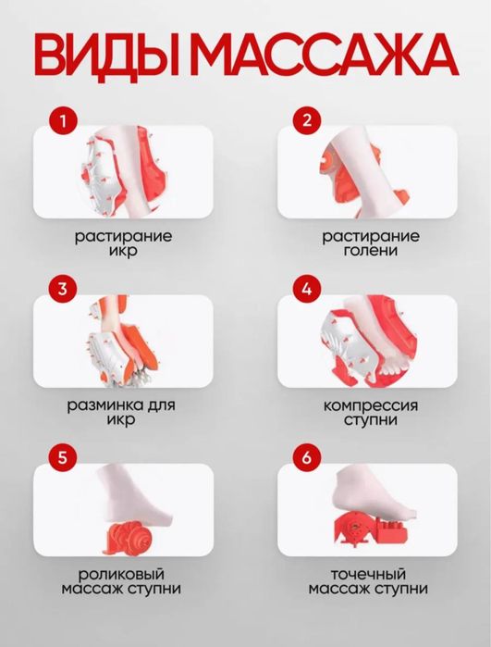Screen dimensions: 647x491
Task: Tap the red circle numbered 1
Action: (x=63, y=119)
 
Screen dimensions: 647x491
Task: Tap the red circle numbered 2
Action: (x=307, y=119)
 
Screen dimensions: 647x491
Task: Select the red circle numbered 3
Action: (x=63, y=288)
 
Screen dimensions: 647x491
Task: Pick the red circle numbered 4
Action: (x=307, y=288)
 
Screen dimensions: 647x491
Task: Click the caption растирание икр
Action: (x=123, y=243)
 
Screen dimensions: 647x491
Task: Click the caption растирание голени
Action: (x=370, y=243)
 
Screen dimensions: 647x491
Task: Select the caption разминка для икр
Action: (x=123, y=412)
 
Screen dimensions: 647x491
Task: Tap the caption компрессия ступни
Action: (x=370, y=412)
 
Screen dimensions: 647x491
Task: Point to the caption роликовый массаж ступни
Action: (x=123, y=580)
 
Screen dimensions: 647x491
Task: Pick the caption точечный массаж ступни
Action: (x=370, y=580)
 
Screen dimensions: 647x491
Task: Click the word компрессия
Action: (x=370, y=405)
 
